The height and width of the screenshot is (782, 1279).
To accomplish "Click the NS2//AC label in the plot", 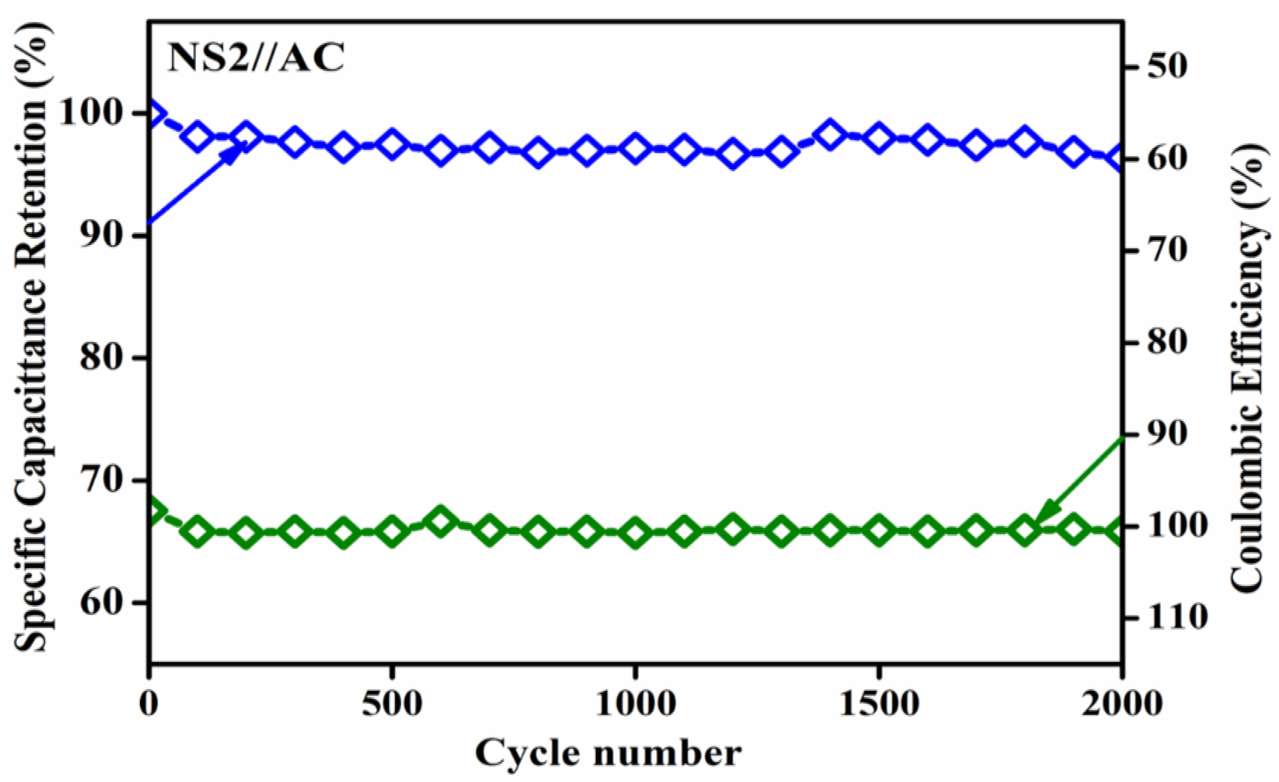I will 256,58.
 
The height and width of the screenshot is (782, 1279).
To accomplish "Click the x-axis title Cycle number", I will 608,752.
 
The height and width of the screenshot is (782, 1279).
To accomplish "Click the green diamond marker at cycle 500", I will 392,531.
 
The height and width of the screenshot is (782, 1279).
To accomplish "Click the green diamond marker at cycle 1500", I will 879,530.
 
